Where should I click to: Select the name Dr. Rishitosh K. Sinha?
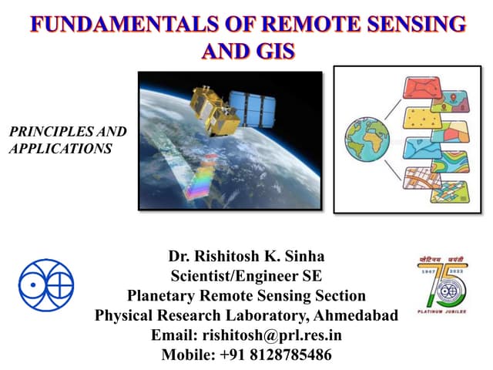[x=246, y=256]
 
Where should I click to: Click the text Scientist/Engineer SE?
[x=246, y=276]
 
